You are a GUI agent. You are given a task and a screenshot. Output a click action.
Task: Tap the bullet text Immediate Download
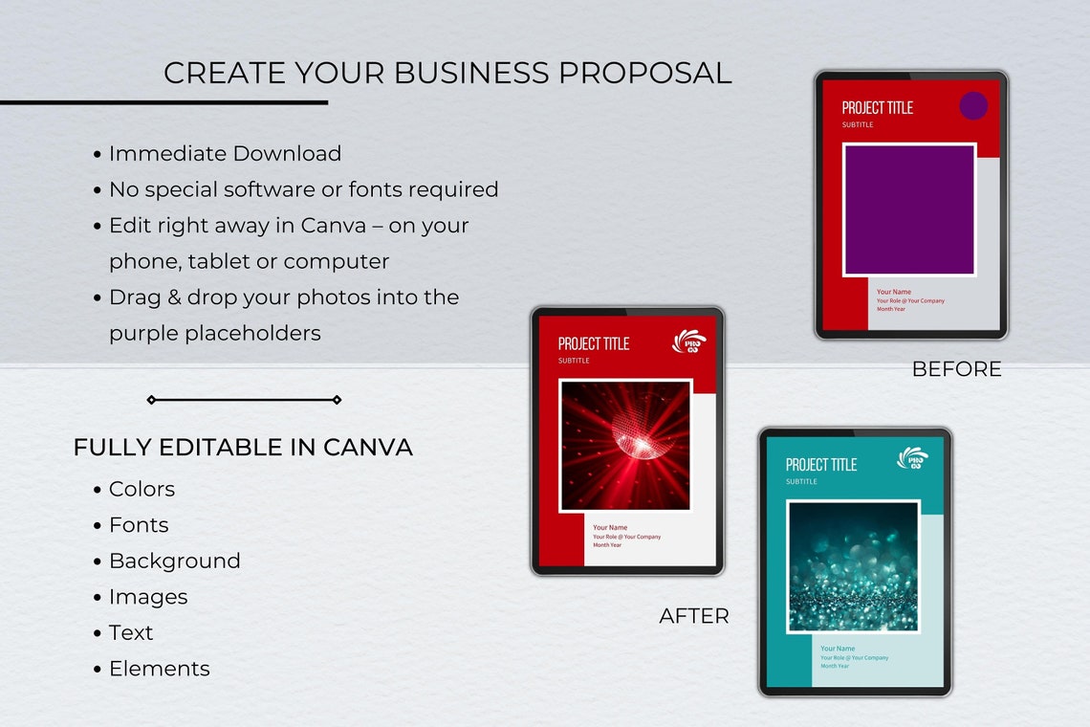(x=225, y=153)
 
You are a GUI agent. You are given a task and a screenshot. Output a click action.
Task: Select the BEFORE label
(x=956, y=369)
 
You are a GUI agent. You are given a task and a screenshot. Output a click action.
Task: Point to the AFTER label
(x=694, y=616)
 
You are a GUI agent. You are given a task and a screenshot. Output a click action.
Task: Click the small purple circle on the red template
(x=973, y=105)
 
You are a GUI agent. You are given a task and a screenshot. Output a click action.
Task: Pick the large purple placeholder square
(x=909, y=209)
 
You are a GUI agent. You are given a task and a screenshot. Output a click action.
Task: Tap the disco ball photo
(x=625, y=446)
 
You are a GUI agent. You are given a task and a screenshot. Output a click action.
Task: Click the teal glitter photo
(x=853, y=566)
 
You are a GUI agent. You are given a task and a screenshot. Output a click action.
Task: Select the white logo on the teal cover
(x=912, y=458)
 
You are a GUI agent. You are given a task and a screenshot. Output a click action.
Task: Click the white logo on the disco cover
(x=689, y=341)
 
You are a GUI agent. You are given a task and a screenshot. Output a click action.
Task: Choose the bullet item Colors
(x=142, y=489)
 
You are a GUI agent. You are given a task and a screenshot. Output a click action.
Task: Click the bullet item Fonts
(x=139, y=525)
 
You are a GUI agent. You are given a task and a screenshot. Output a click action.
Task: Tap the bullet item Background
(x=174, y=561)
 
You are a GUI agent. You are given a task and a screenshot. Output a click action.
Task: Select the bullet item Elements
(x=159, y=669)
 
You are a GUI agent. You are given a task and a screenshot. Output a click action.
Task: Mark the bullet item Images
(x=148, y=597)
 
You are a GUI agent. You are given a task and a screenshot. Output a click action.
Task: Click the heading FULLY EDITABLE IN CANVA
(x=243, y=447)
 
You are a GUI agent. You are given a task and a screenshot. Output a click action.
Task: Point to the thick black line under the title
(x=163, y=102)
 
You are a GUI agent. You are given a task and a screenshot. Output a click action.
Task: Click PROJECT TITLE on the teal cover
(x=821, y=465)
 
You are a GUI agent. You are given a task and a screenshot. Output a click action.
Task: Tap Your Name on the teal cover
(x=838, y=649)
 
